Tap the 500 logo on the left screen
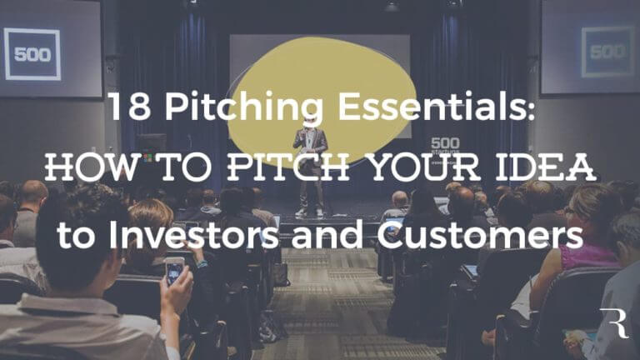pyautogui.click(x=32, y=54)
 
